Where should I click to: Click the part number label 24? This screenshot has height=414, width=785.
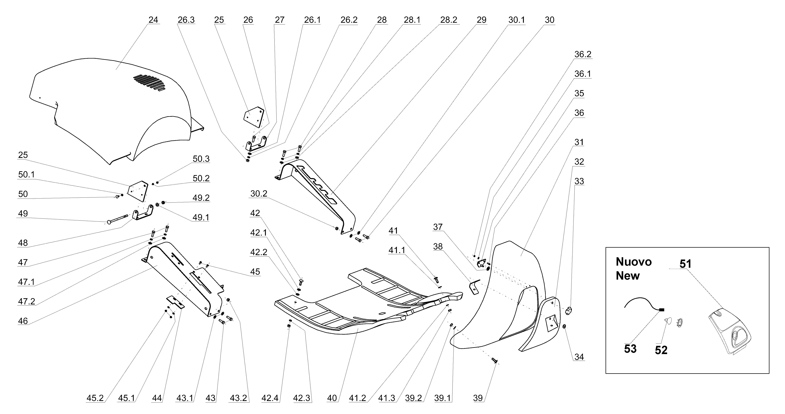point(153,20)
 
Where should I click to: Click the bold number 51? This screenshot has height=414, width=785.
point(685,264)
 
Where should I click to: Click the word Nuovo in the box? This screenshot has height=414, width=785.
point(634,262)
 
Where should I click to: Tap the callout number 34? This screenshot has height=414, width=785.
point(579,357)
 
